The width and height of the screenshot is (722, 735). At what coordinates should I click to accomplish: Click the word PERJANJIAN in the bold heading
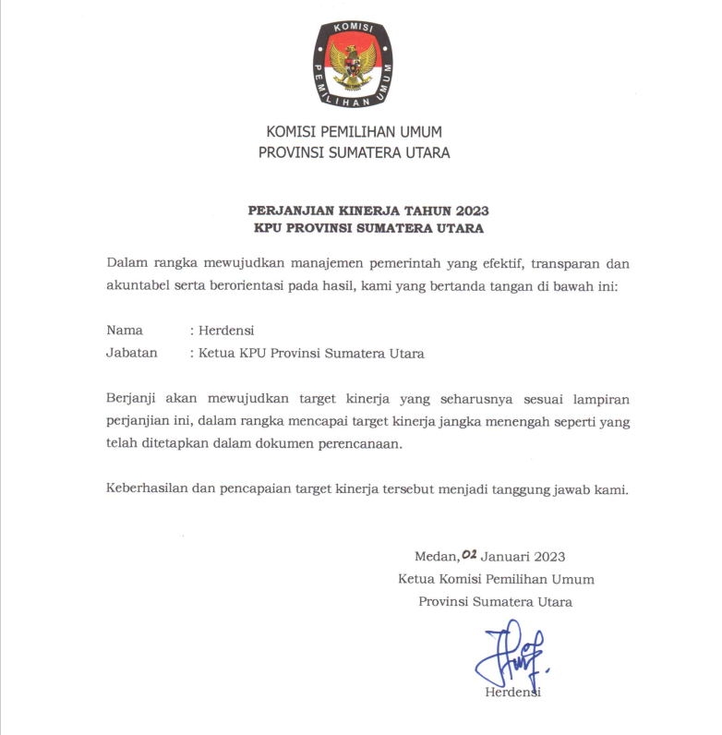pyautogui.click(x=284, y=211)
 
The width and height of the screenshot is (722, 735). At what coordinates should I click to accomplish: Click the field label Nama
pyautogui.click(x=125, y=330)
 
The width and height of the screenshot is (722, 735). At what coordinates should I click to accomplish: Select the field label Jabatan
pyautogui.click(x=132, y=352)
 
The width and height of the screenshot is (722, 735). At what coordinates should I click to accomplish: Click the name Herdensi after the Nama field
pyautogui.click(x=226, y=330)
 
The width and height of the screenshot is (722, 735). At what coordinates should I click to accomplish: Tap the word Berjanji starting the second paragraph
pyautogui.click(x=132, y=398)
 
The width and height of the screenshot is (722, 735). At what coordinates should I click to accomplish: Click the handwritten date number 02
pyautogui.click(x=468, y=554)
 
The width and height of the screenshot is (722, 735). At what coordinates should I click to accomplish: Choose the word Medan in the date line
pyautogui.click(x=435, y=556)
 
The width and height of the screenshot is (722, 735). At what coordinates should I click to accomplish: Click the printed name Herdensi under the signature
pyautogui.click(x=512, y=693)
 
